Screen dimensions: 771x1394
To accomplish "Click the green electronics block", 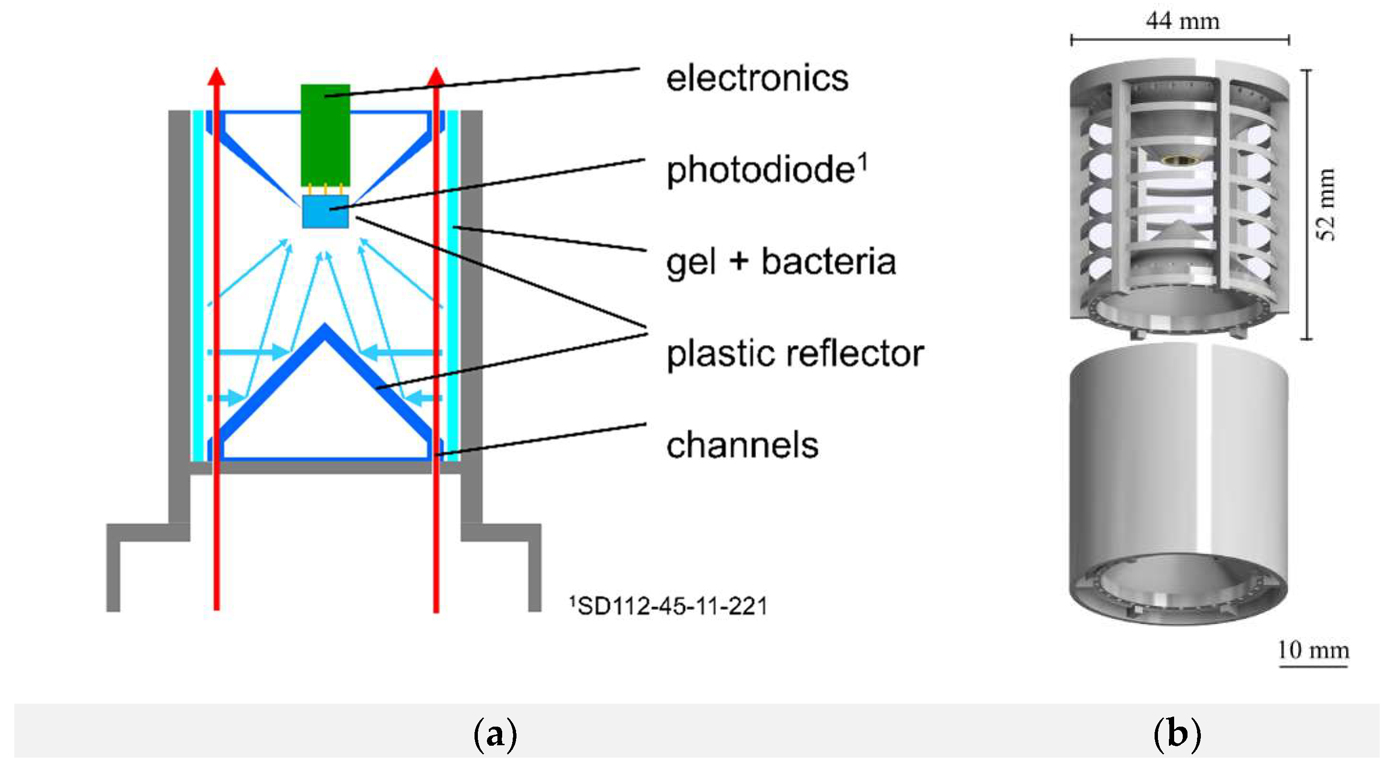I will (325, 135).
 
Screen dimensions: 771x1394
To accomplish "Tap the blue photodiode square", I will (325, 212).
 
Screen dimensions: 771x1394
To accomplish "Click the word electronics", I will (756, 79).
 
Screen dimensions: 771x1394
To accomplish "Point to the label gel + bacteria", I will (780, 262).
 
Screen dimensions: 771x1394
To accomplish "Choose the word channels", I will (742, 446).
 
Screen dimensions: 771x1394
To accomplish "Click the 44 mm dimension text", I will (1182, 21).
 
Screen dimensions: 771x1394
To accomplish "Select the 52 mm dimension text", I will (1326, 205).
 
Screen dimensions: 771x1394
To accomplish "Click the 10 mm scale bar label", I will (1313, 650).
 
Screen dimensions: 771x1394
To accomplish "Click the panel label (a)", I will (495, 735).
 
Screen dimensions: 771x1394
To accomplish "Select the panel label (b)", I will (1177, 735).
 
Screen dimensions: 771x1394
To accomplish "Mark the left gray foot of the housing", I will (113, 569).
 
